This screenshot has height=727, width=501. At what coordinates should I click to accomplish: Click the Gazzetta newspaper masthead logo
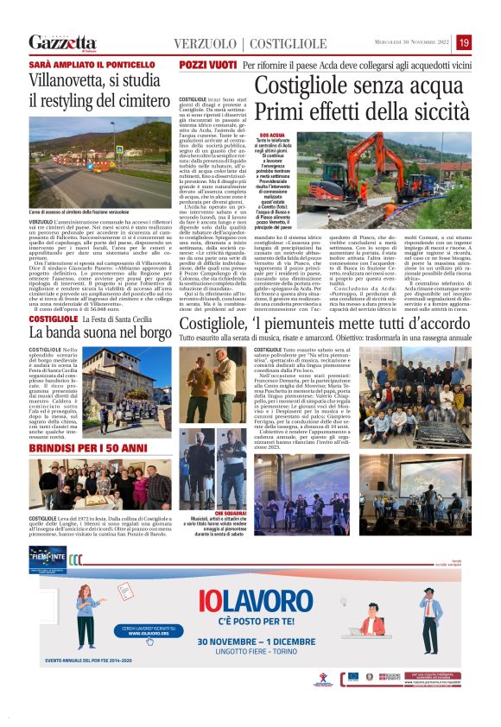[62, 41]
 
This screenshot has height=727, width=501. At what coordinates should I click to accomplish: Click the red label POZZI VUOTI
[208, 66]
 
